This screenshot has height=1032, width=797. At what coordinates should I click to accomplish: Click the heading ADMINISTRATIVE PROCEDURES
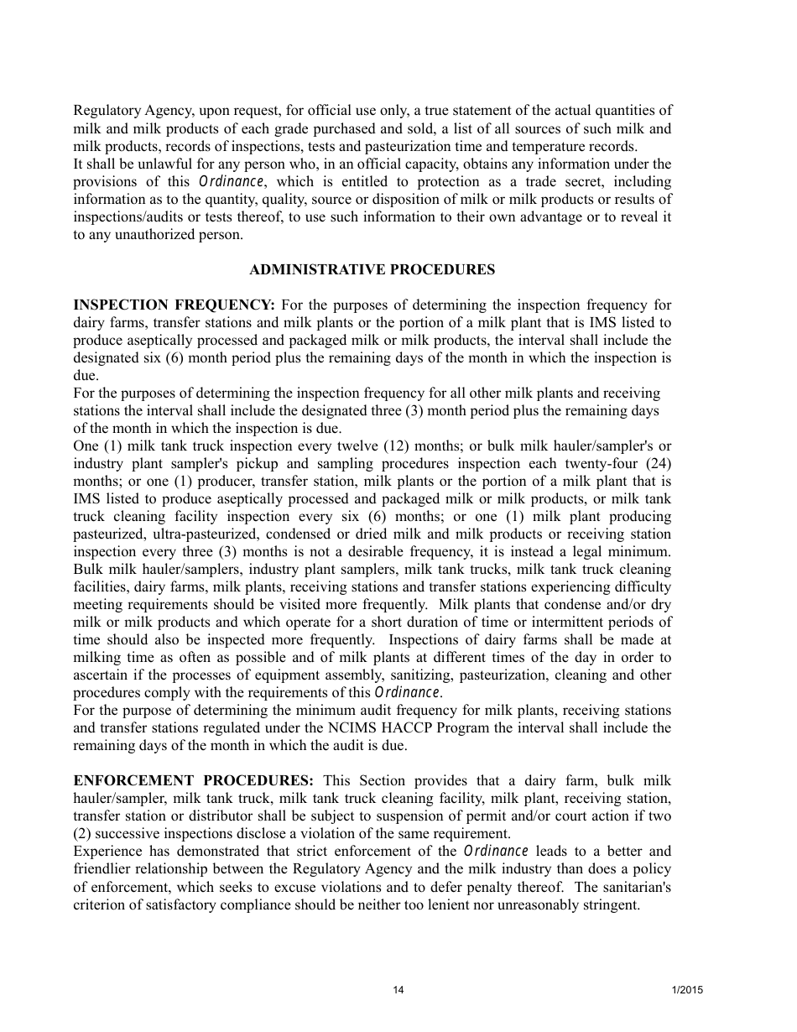(x=372, y=269)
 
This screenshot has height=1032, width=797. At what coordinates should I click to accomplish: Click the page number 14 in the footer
(x=398, y=990)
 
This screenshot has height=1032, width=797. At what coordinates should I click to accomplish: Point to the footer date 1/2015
(x=687, y=990)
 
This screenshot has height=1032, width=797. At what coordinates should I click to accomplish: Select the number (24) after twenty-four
(x=654, y=463)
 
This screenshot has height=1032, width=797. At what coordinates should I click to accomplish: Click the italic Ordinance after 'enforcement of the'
(x=496, y=852)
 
